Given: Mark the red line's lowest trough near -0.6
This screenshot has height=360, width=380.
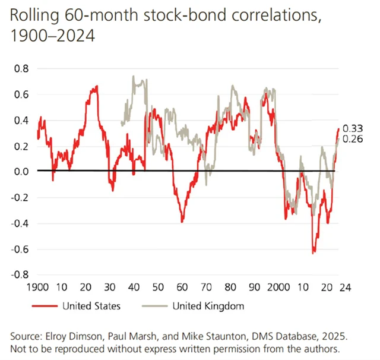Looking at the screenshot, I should (313, 252).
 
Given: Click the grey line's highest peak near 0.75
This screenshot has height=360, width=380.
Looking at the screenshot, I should (133, 76).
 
